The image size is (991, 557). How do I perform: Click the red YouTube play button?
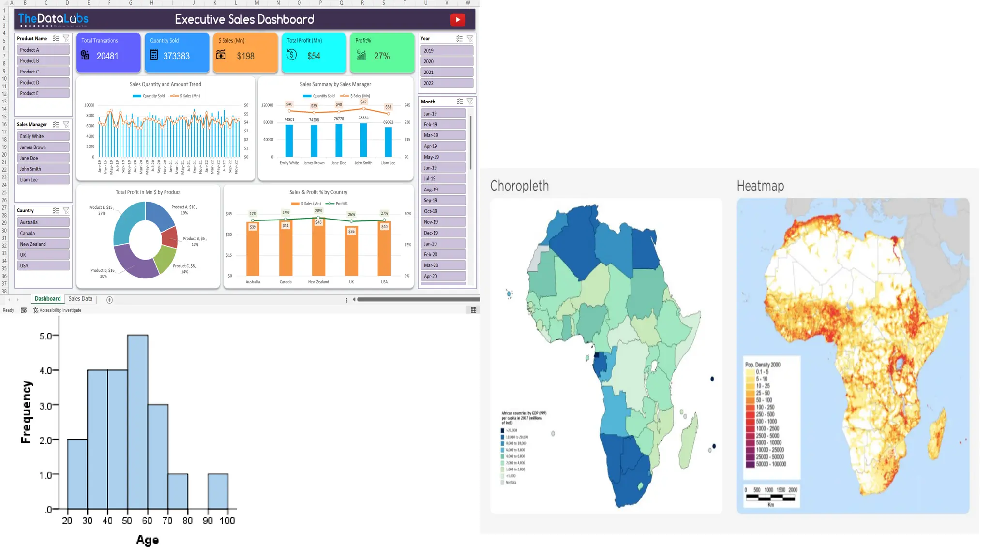point(457,20)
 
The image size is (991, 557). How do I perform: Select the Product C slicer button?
point(43,72)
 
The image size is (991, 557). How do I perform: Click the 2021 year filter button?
point(446,73)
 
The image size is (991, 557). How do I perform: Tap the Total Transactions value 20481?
point(107,56)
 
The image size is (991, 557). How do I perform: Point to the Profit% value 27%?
point(381,56)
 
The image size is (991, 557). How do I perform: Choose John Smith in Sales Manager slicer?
point(43,169)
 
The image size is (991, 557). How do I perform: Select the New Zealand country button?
point(43,244)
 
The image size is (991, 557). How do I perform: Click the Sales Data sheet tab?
point(80,299)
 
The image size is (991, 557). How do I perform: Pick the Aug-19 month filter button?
point(443,190)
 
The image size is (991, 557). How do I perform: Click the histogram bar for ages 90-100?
point(218,491)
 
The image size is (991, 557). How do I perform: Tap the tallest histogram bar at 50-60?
point(137,421)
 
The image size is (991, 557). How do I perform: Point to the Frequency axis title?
point(26,412)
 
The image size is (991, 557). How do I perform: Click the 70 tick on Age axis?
point(167,521)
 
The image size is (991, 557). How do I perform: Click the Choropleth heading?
point(519,186)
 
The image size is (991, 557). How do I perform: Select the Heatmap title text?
point(760,186)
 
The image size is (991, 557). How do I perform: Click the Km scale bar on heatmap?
point(770,498)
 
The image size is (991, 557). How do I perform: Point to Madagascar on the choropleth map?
point(688,442)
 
